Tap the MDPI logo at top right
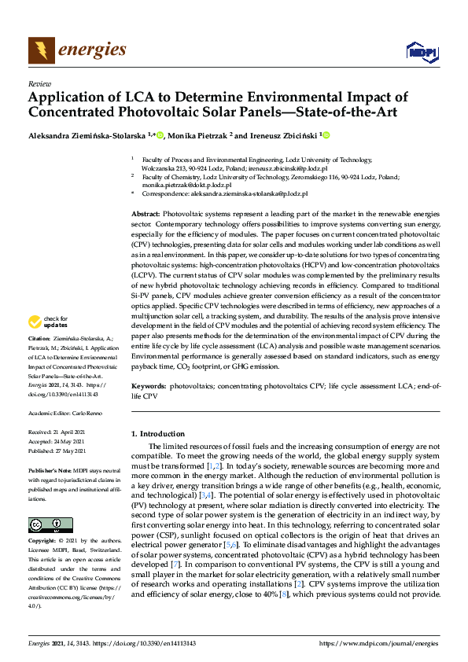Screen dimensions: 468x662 (x=420, y=52)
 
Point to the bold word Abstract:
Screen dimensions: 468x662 (x=146, y=215)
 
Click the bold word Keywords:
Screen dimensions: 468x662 (x=148, y=388)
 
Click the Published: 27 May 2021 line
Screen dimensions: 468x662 (x=60, y=451)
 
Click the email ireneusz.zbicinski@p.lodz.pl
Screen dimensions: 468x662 (x=288, y=167)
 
